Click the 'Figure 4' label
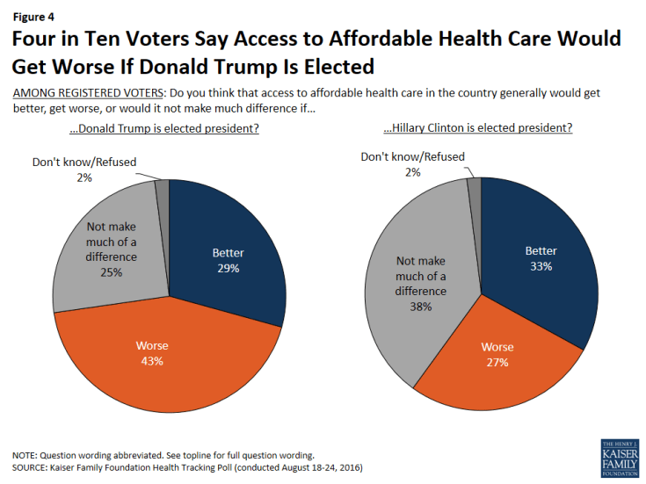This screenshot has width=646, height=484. click(x=31, y=15)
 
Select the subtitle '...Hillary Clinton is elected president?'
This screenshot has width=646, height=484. click(x=478, y=128)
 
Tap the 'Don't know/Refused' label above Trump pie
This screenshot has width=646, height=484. click(x=84, y=163)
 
